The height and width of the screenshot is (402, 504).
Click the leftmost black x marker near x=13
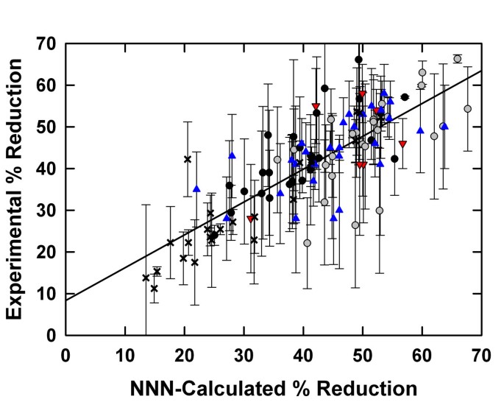[146, 278]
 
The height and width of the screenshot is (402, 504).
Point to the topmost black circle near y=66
[359, 60]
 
